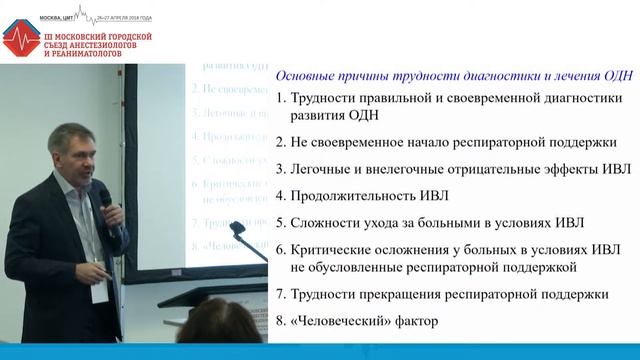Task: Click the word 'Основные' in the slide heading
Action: tap(305, 72)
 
